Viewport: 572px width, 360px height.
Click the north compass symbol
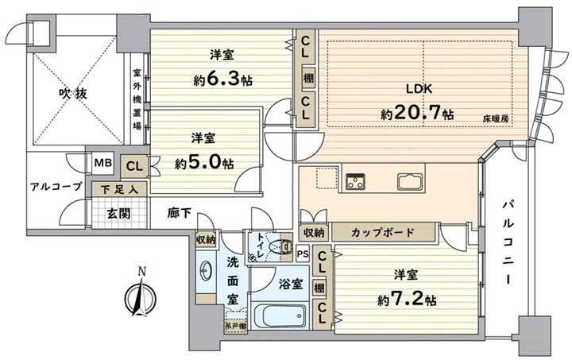coord(141,294)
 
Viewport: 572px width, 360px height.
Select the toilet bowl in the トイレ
coord(280,247)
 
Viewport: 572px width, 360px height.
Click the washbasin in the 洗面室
coord(204,271)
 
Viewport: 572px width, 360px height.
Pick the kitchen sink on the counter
coord(410,181)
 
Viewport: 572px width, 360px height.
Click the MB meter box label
coord(103,163)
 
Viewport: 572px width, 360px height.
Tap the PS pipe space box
coord(302,254)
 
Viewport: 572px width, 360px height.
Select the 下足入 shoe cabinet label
coord(119,190)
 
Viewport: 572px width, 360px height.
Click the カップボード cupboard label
coord(383,232)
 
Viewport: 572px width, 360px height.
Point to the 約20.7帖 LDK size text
coord(418,114)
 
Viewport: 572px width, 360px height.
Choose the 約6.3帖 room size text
coord(223,79)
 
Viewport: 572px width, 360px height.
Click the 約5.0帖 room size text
coord(204,164)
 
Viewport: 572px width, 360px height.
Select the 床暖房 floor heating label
coord(496,118)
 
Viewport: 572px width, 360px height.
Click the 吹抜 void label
coord(73,94)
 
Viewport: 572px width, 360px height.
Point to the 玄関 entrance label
coord(118,213)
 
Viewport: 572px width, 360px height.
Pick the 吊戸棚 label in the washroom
coord(236,326)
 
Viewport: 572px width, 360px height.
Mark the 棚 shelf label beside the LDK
coord(308,78)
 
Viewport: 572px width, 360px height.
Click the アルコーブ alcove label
coord(56,187)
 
